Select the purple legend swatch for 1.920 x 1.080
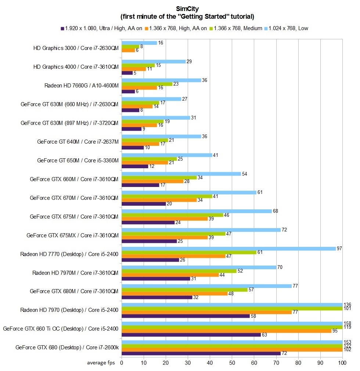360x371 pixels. (x=62, y=28)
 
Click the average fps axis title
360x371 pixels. (x=101, y=363)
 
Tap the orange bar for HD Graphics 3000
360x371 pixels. (x=128, y=50)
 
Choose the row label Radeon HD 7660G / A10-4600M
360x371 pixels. (x=81, y=86)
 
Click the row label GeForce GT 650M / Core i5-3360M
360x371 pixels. (x=78, y=161)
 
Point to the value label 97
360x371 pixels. (x=339, y=249)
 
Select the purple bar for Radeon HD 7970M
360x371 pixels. (x=156, y=278)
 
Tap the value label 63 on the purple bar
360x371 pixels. (x=264, y=335)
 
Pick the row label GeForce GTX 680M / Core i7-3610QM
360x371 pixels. (x=74, y=291)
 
